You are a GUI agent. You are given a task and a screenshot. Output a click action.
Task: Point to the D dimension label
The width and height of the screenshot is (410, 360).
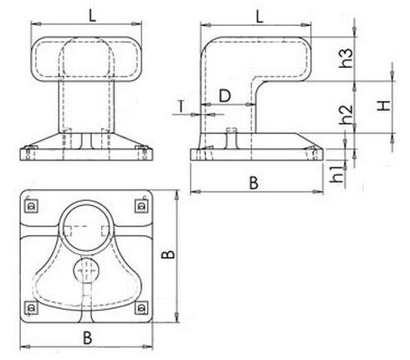[x=225, y=95]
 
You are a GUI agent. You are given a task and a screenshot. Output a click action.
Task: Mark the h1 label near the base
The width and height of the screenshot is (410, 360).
[x=338, y=176]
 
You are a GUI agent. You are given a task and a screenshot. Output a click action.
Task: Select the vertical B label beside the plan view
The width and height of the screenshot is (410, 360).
[x=168, y=256]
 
